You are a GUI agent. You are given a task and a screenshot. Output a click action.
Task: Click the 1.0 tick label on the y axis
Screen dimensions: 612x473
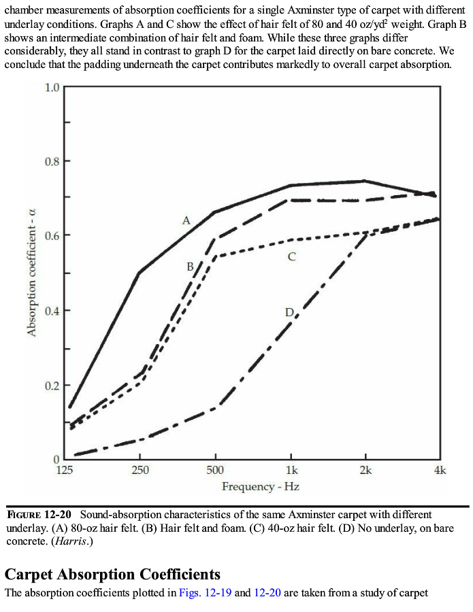coord(52,88)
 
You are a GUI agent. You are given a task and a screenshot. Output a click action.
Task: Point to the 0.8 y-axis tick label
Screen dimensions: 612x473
coord(52,162)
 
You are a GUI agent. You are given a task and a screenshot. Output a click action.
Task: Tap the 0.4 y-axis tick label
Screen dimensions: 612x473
coord(52,311)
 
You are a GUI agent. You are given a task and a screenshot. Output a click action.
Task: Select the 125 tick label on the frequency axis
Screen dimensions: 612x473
coord(65,471)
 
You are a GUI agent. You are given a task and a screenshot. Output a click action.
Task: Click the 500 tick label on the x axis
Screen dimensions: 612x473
coord(215,471)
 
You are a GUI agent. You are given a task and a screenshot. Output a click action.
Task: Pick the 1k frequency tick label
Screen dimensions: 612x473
coord(291,471)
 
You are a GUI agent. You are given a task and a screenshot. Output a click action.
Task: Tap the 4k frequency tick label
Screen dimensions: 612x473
coord(440,471)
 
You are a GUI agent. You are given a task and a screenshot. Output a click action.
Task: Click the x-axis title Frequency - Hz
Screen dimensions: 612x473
coord(261,487)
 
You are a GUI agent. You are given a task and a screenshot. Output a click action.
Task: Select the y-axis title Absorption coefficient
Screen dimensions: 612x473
coord(31,273)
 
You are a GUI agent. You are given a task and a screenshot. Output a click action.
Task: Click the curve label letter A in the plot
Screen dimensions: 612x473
coord(186,220)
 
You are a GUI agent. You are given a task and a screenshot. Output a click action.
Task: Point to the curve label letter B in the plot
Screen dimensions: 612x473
coord(191,267)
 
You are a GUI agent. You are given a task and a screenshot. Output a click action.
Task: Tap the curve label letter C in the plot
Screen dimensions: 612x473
coord(291,257)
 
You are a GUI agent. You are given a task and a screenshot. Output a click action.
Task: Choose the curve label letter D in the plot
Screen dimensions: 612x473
coord(289,312)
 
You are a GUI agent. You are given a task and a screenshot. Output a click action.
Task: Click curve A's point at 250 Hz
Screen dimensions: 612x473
coord(140,273)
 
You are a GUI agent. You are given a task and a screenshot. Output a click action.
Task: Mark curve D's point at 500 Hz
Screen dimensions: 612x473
coord(215,407)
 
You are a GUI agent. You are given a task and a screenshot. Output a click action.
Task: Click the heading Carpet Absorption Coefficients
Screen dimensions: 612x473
coord(112,574)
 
